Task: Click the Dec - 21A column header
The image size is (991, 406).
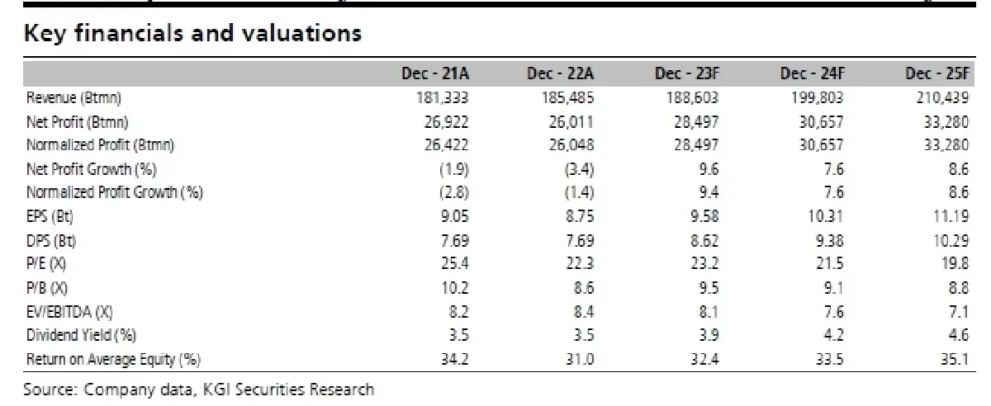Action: (435, 73)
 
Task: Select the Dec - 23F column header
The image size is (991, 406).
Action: (687, 73)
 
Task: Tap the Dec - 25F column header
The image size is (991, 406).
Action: (937, 73)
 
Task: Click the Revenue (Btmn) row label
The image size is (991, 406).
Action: (73, 97)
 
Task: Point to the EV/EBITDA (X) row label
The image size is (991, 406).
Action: (69, 312)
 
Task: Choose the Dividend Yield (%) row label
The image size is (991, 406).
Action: (81, 335)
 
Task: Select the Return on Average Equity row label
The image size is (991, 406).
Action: (113, 359)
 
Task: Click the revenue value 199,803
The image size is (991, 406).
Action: (818, 97)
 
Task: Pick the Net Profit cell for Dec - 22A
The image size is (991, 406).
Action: (571, 122)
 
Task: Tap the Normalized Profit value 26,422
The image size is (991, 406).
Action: (446, 145)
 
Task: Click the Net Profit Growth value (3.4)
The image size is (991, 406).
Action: (579, 169)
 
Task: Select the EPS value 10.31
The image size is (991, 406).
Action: (826, 216)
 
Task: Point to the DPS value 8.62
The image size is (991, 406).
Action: (704, 241)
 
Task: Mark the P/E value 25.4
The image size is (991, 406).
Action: (455, 263)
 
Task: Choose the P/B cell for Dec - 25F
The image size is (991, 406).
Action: (959, 288)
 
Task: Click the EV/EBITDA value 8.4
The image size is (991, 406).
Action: (584, 312)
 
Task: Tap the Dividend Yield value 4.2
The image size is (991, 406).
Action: (834, 335)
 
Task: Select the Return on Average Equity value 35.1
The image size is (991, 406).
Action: (955, 359)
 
